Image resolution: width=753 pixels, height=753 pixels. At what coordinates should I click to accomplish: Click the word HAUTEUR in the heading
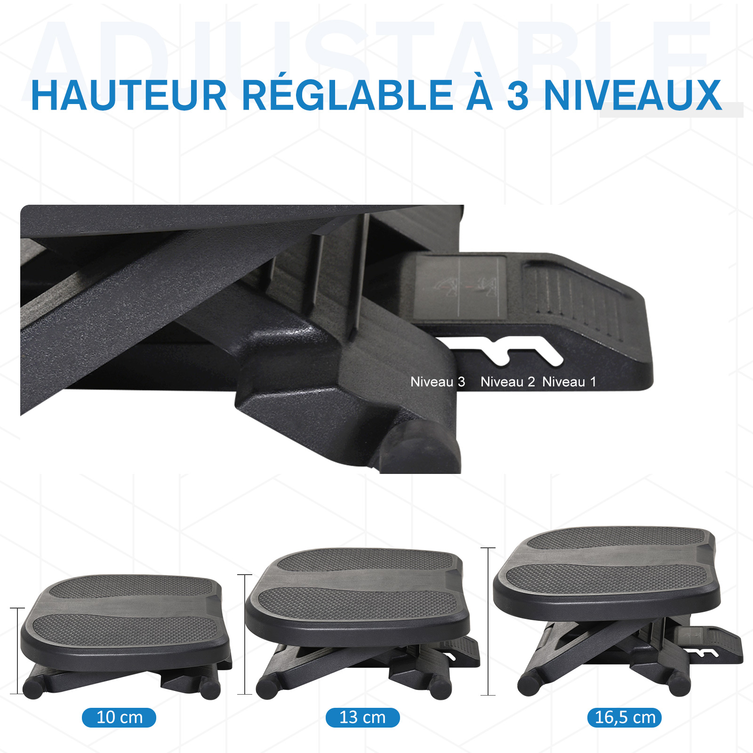tap(128, 96)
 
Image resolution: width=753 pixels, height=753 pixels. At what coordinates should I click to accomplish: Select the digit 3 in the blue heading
tap(518, 96)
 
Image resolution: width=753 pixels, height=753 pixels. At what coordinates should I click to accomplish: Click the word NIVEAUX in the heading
tap(633, 96)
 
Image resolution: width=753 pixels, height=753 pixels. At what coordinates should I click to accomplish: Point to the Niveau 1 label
tap(569, 382)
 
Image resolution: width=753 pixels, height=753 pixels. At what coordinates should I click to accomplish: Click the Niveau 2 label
tap(507, 382)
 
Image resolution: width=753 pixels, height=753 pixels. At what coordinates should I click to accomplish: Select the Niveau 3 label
tap(438, 382)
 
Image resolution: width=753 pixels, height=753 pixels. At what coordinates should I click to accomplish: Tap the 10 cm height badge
tap(119, 717)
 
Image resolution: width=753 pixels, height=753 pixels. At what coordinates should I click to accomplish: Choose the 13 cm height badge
tap(362, 717)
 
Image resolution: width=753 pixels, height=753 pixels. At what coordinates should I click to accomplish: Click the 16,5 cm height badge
tap(625, 717)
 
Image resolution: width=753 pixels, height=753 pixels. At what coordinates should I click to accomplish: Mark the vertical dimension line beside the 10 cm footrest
tap(17, 651)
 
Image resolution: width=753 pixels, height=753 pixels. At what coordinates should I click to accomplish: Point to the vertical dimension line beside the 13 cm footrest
tap(245, 634)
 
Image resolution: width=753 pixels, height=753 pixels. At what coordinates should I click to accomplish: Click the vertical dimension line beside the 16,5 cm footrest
tap(488, 621)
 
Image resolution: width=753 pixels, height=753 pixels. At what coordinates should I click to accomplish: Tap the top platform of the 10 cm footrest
tap(126, 617)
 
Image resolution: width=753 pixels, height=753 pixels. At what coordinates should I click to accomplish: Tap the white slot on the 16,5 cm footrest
tap(703, 652)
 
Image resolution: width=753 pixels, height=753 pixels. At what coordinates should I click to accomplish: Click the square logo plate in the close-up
tap(460, 286)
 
